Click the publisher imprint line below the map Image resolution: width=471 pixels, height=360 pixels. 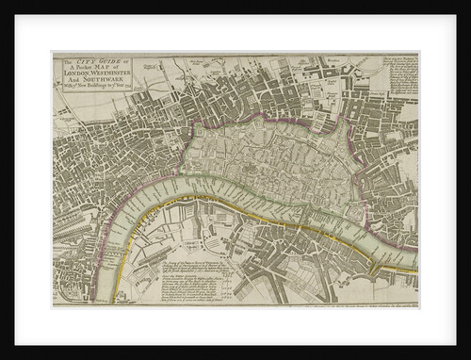coord(330,304)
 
